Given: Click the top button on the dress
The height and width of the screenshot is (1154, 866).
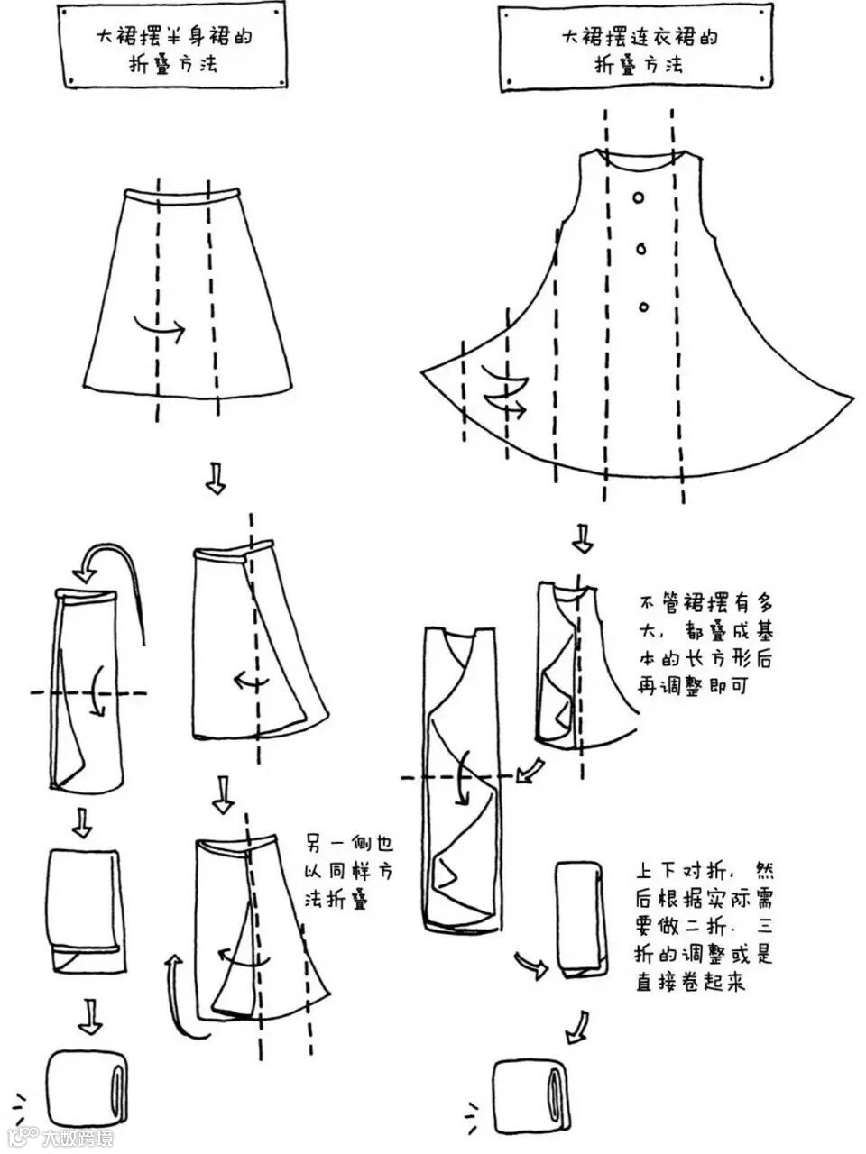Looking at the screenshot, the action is point(638,197).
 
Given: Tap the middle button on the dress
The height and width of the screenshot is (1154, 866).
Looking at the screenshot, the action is point(641,250).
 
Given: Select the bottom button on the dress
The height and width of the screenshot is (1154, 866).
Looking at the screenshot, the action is point(643,307).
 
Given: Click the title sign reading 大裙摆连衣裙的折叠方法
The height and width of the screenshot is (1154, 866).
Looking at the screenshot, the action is point(638,51).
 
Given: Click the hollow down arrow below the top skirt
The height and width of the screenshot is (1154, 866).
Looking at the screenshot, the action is point(215,477).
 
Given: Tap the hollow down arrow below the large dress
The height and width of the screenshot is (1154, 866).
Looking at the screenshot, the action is point(584,537).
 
